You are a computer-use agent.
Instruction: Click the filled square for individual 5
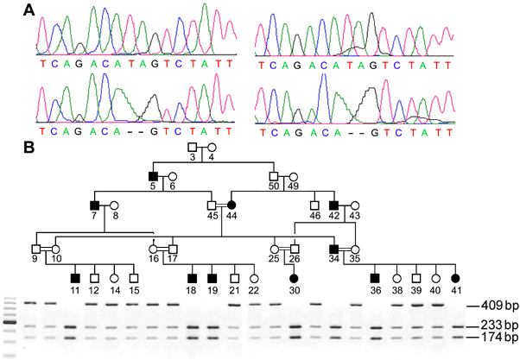tap(153, 177)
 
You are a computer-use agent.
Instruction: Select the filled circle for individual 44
tap(231, 205)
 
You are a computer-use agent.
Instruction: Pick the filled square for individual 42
tap(334, 205)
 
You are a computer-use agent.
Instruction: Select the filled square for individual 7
tap(95, 205)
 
